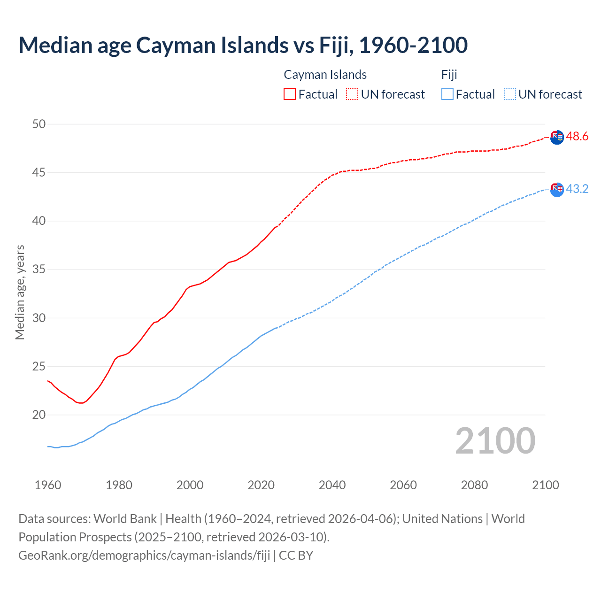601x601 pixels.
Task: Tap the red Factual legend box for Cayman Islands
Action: [290, 94]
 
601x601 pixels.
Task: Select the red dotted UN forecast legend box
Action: [352, 94]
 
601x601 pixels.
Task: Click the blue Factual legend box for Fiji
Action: [447, 94]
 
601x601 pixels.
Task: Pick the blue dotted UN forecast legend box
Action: [510, 94]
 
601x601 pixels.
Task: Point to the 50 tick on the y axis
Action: [39, 124]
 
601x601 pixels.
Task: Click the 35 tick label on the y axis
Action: [39, 270]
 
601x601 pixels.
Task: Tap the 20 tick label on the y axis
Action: [39, 415]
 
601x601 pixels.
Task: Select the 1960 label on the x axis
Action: [48, 485]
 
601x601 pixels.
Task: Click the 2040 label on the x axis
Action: [332, 485]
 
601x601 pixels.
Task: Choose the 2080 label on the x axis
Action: [474, 485]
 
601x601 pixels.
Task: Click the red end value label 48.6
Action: [577, 137]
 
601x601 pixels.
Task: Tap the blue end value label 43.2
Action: [577, 189]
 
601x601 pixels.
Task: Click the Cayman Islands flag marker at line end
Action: [557, 138]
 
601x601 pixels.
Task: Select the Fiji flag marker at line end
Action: [557, 190]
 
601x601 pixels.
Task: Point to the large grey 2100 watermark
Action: [495, 441]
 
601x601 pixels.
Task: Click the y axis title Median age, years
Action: [20, 292]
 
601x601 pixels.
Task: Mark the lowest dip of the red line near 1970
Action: [81, 403]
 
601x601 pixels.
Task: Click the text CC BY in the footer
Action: [296, 555]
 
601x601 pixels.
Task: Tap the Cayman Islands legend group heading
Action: [325, 75]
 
